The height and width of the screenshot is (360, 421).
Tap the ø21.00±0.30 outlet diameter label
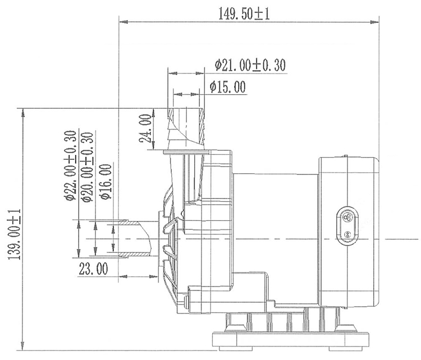[250, 66]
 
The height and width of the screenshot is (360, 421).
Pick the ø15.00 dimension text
[227, 86]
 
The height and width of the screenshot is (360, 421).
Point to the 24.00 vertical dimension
[145, 129]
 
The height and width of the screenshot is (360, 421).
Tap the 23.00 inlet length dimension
[93, 269]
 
